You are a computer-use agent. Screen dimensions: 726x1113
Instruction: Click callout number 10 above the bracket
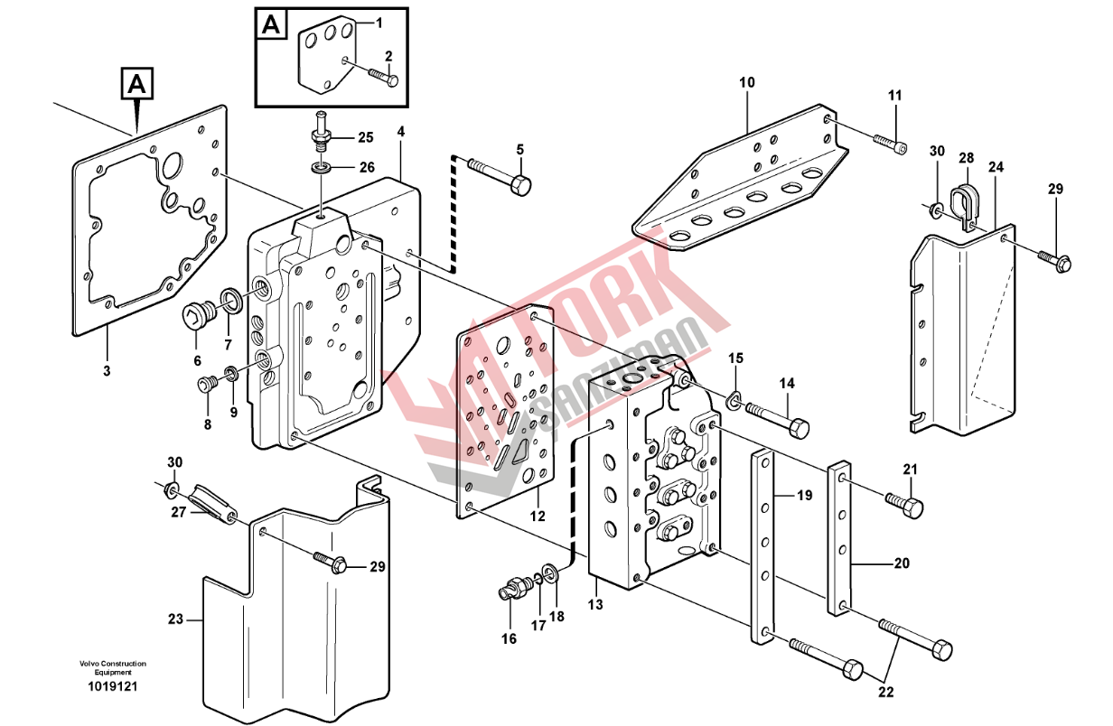[746, 83]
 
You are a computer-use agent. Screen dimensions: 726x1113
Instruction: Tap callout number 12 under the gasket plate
[538, 517]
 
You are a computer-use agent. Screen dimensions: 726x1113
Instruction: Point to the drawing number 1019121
[112, 687]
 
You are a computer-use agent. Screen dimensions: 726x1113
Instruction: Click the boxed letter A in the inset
[270, 24]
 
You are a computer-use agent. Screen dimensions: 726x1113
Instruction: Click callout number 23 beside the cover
[175, 619]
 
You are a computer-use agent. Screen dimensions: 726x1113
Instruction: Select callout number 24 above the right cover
[996, 167]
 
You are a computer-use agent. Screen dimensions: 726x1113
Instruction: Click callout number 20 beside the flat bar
[901, 564]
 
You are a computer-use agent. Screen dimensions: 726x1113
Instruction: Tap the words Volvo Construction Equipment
[112, 668]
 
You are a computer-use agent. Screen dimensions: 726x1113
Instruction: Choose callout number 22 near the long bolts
[885, 693]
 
